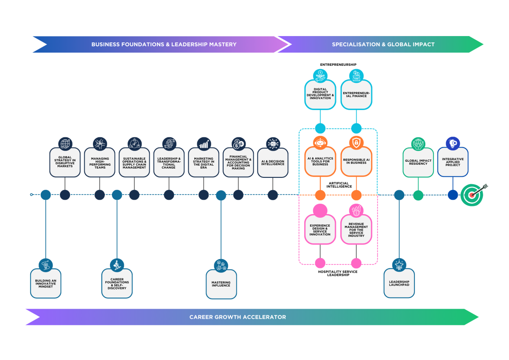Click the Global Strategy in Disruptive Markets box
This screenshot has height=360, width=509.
pos(65,163)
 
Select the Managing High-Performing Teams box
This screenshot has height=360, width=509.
pos(100,163)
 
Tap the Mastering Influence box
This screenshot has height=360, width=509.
pos(221,284)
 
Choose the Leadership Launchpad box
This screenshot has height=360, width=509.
pos(399,284)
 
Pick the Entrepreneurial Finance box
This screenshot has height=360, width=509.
pos(356,94)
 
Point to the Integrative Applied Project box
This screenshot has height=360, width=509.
pos(453,162)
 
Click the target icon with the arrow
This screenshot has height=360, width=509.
pos(473,194)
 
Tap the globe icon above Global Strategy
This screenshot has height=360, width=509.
pos(65,143)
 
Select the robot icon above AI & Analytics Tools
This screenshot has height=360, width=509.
pos(320,143)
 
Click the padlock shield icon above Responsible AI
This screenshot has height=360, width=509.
pos(356,143)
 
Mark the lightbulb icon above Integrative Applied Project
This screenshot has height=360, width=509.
pos(453,143)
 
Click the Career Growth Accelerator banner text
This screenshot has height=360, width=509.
pos(238,317)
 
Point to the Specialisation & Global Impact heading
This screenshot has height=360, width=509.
pos(383,44)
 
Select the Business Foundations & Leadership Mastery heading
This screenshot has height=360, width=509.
pos(164,44)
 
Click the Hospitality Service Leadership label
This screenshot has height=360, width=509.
pos(338,273)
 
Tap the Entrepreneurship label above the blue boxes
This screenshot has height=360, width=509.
pos(338,65)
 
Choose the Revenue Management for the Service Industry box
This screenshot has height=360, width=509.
pos(356,230)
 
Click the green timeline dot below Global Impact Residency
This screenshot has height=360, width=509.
pos(418,195)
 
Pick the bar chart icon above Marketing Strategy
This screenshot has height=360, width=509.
pos(204,143)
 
